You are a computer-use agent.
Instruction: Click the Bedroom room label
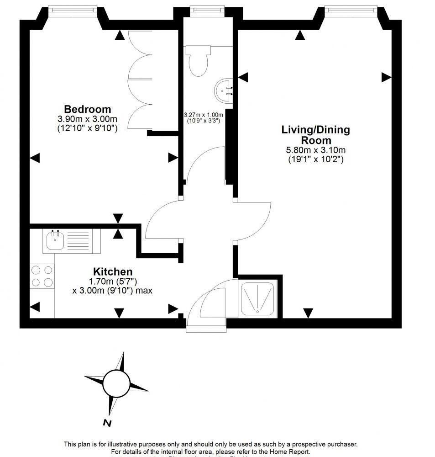click(x=87, y=109)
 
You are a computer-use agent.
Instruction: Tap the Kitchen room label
click(x=113, y=271)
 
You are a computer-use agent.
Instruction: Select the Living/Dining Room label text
click(x=315, y=135)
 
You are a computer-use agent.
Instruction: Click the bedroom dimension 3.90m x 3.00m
click(x=87, y=119)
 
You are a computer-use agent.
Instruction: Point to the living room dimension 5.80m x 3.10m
click(x=316, y=150)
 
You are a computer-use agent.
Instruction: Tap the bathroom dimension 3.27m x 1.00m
click(x=203, y=115)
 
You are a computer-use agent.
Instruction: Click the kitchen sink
click(x=55, y=240)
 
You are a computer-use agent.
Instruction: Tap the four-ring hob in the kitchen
click(x=42, y=276)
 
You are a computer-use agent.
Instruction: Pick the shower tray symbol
click(x=258, y=299)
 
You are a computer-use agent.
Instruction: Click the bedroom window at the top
click(x=73, y=9)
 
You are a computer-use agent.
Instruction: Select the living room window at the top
click(x=351, y=9)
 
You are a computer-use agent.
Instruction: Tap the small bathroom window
click(x=204, y=10)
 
